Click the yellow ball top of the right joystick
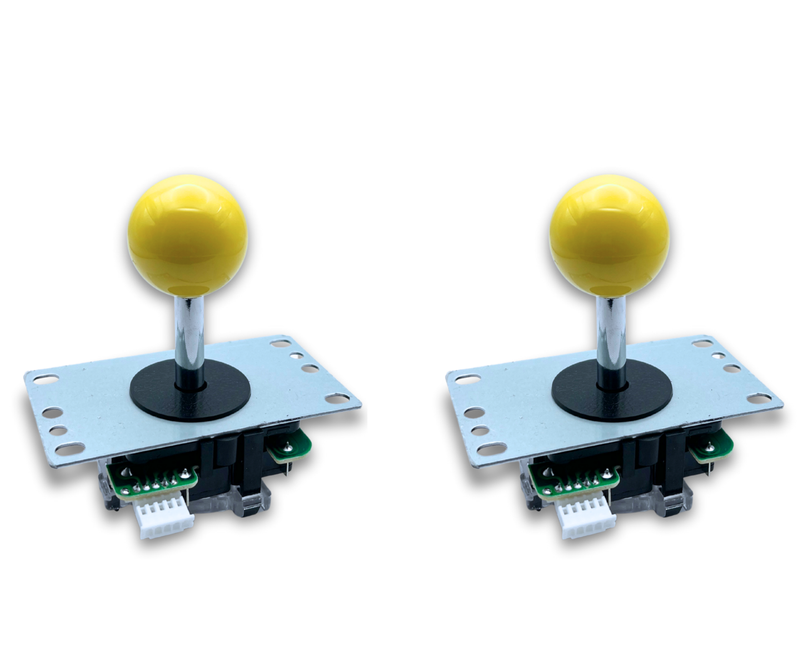pos(610,233)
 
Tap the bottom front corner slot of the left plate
pos(69,449)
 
